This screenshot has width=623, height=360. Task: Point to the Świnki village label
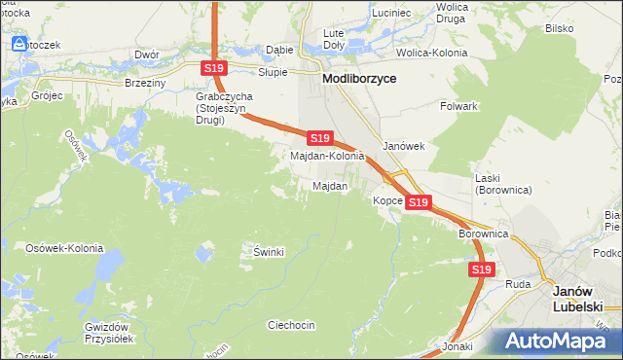coord(268,252)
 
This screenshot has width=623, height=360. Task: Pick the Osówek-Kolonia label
coord(64,248)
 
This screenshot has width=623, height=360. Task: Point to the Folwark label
coord(458,106)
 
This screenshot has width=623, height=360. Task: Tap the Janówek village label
coord(404,146)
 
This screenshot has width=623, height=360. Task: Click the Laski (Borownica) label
coord(501,184)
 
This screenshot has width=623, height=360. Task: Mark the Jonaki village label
coord(457,345)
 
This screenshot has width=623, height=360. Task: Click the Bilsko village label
coord(559,29)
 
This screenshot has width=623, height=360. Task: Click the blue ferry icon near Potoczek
coord(18,43)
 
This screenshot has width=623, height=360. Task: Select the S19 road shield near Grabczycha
coord(215,67)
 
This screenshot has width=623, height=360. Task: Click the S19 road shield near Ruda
coord(481,270)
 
